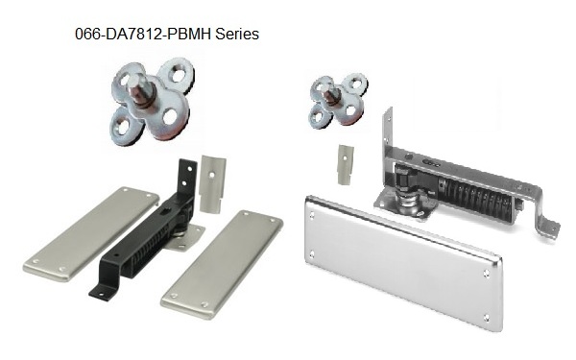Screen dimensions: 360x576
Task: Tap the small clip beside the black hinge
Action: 213,182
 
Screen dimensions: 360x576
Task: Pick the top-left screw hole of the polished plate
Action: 312,204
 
